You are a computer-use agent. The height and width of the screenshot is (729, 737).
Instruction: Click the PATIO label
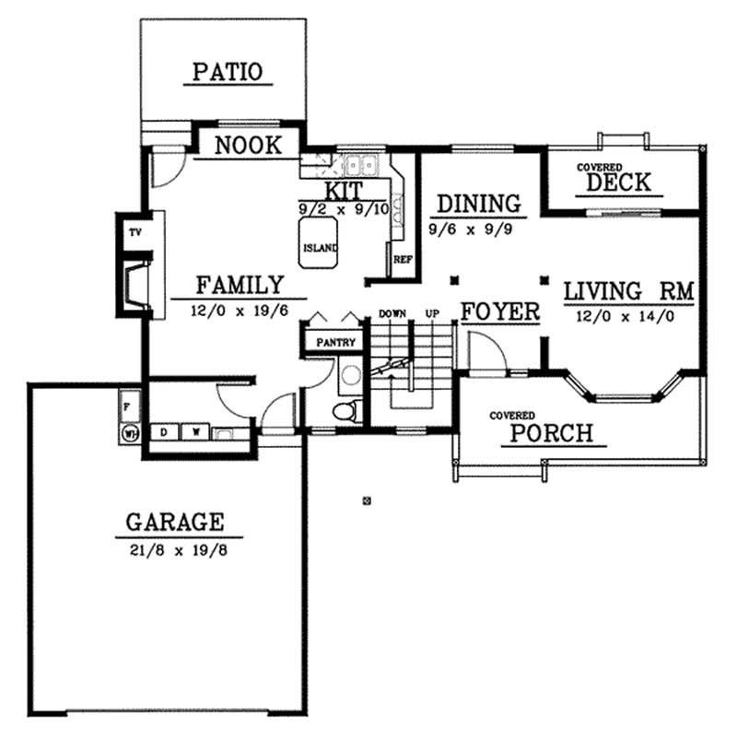tap(227, 71)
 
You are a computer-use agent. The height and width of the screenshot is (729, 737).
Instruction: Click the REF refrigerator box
tap(402, 260)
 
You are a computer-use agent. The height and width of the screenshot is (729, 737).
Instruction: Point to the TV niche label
tap(135, 231)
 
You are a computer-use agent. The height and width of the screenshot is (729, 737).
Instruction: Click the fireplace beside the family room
tap(135, 280)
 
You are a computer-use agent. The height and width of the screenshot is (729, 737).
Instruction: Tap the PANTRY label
tap(335, 342)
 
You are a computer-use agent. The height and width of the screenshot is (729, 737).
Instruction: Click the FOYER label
tap(499, 312)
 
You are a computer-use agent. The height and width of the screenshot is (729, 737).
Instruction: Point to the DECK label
tap(618, 182)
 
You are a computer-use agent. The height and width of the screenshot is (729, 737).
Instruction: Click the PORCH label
tap(552, 433)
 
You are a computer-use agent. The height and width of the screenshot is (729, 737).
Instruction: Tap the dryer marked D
tap(164, 431)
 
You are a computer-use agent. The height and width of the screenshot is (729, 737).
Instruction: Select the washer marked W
tap(194, 431)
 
